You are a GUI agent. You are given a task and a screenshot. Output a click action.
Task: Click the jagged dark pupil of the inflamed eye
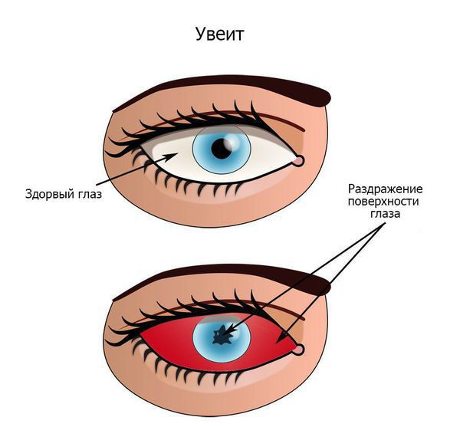click(x=223, y=334)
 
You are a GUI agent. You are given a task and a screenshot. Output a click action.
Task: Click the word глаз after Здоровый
click(x=89, y=194)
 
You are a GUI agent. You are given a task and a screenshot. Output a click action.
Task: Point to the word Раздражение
click(x=386, y=188)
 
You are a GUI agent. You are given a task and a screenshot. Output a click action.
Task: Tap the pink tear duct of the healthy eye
click(x=298, y=160)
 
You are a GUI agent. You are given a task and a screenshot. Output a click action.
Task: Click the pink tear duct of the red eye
click(x=298, y=350)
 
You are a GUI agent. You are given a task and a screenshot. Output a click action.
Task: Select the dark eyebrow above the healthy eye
click(x=230, y=83)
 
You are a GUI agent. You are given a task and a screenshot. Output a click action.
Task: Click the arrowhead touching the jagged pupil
click(x=229, y=331)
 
